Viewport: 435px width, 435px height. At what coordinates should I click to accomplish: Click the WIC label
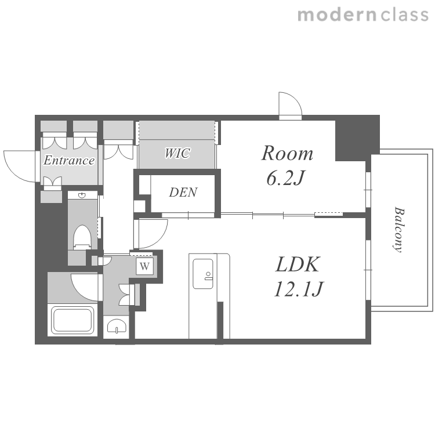[177, 153]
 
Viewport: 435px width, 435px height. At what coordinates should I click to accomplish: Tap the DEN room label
[183, 192]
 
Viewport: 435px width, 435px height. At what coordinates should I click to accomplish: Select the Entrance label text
[69, 160]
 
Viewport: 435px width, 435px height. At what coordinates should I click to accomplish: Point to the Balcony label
[399, 229]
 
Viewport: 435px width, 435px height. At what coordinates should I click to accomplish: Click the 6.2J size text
[285, 178]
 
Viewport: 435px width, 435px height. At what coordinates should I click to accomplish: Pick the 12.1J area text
[299, 289]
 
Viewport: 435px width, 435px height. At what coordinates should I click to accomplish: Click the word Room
[287, 153]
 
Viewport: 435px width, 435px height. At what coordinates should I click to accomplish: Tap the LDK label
[298, 264]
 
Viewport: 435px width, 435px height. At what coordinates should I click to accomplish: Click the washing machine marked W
[144, 266]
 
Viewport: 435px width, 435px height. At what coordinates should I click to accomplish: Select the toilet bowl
[82, 237]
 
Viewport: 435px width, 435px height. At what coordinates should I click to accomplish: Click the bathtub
[72, 320]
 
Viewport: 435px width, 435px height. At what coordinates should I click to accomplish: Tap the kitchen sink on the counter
[203, 274]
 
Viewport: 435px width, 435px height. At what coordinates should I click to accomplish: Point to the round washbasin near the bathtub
[116, 326]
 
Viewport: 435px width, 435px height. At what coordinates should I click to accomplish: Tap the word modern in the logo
[337, 15]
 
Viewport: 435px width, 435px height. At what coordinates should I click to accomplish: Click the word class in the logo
[404, 14]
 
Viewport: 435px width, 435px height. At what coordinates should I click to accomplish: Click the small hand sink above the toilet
[82, 195]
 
